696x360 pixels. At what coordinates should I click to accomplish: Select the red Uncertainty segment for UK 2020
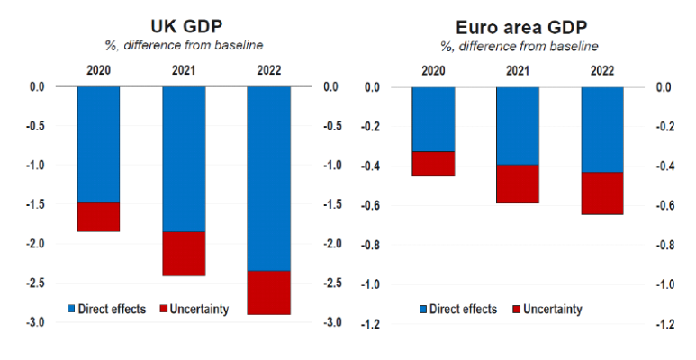point(99,217)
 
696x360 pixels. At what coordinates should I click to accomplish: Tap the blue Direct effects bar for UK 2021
point(184,158)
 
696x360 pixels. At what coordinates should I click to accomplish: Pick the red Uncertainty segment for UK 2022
point(268,292)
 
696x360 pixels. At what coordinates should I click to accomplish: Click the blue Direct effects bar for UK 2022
point(268,178)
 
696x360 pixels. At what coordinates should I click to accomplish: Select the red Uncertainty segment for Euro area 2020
point(433,164)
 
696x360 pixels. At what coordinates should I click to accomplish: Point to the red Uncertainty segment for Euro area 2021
point(518,184)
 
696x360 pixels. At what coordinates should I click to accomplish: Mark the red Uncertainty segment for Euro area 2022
point(602,193)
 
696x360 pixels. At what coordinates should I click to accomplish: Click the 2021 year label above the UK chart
point(184,69)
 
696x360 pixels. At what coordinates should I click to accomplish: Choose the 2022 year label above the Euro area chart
point(602,69)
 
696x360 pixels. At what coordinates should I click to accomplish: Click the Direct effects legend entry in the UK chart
point(106,309)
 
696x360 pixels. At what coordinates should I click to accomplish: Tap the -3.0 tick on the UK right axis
point(330,322)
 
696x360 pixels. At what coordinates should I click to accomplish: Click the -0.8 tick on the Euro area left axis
point(370,245)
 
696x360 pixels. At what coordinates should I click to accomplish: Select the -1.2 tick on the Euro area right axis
point(664,324)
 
